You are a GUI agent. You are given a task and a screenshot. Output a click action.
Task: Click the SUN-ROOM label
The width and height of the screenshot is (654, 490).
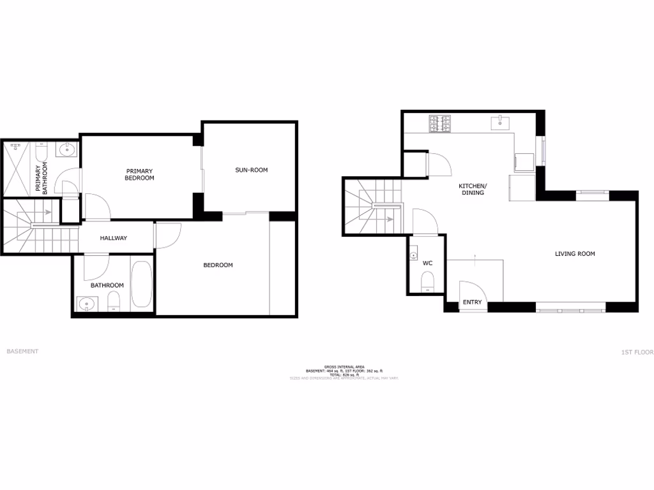(251, 170)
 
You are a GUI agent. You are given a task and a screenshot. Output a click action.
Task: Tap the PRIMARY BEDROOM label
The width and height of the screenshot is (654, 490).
(139, 174)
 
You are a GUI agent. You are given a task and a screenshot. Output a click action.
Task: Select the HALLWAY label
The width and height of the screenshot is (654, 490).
(113, 238)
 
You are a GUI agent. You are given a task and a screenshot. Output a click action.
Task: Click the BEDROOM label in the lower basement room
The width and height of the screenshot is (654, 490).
(218, 265)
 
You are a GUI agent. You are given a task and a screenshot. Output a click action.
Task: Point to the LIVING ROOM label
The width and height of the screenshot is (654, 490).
(574, 254)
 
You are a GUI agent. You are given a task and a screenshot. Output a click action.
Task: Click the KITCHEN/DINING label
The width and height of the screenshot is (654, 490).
(473, 189)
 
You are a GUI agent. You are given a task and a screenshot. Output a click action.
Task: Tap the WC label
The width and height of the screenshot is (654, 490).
(427, 263)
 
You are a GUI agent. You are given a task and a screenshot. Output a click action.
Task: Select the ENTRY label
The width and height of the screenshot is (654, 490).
(472, 302)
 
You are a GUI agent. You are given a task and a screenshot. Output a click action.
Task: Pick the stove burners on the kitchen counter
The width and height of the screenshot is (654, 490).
(439, 123)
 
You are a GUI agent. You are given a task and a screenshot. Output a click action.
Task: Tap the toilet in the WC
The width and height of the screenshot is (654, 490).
(427, 281)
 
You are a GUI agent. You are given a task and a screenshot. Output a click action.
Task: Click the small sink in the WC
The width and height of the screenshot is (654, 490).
(413, 255)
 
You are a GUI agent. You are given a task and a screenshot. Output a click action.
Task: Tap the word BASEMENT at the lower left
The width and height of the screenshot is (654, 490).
(22, 352)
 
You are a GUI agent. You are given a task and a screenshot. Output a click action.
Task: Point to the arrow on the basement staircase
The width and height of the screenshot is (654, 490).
(47, 212)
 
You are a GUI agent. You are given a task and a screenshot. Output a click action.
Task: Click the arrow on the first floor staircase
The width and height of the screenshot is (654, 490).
(389, 219)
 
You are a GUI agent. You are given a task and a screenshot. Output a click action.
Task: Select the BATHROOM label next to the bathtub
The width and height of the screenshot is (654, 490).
(107, 285)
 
